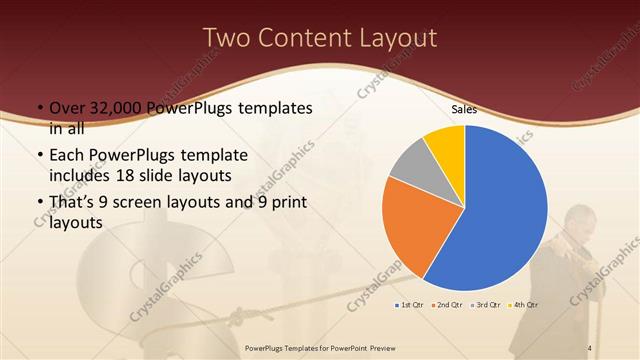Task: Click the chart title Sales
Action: [463, 109]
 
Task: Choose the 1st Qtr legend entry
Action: [411, 303]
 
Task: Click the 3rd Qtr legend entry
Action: [486, 303]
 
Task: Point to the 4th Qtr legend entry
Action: [523, 303]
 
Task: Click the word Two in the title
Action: [228, 38]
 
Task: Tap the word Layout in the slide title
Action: [394, 38]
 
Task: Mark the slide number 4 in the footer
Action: [590, 347]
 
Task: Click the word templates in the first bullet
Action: [272, 108]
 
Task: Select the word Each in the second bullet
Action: [67, 156]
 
